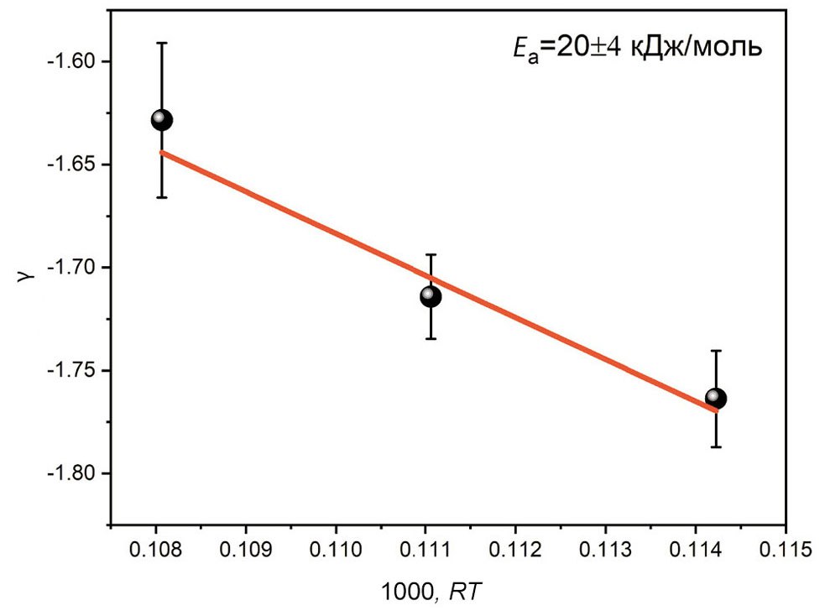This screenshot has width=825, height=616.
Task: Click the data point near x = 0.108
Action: [161, 120]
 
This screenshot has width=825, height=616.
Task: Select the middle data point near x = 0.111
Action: [431, 295]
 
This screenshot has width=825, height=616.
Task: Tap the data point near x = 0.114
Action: [715, 398]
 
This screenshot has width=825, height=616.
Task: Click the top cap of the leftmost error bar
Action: [161, 42]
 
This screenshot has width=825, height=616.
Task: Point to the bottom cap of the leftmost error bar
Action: [161, 197]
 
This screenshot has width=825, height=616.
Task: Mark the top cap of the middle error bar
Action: [431, 254]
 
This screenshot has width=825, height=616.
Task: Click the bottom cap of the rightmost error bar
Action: [715, 447]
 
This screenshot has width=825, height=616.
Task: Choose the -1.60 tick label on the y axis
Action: [72, 62]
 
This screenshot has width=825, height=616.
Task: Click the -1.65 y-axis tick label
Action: [72, 164]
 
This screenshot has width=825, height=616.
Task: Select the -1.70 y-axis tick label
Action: [72, 268]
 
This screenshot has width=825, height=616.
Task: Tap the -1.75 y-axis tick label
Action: [72, 371]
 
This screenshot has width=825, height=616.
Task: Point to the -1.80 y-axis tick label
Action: [72, 473]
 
